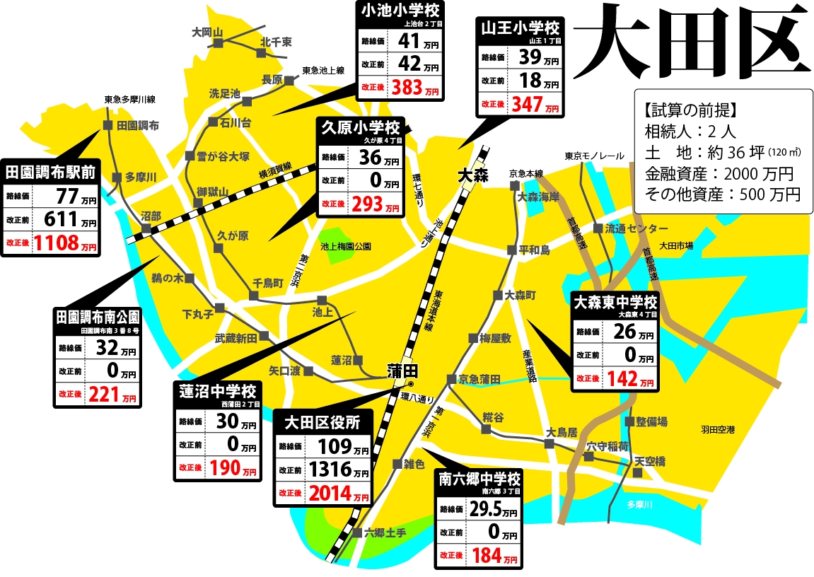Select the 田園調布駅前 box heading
51,170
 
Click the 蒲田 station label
403,370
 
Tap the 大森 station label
472,175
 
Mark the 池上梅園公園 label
346,247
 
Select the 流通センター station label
636,228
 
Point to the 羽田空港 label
717,429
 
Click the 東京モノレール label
594,156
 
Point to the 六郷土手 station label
385,533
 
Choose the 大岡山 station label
207,33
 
